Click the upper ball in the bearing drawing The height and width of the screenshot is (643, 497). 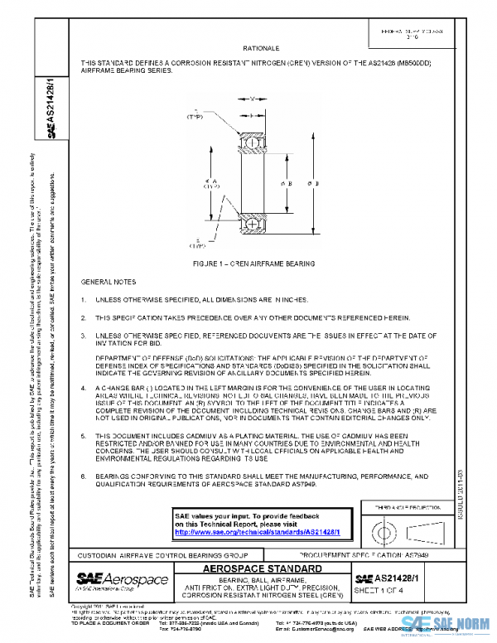pos(252,143)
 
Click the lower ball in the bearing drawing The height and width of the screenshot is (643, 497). pos(252,224)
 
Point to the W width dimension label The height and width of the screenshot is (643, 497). pos(252,99)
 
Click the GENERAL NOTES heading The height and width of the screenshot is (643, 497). pos(109,282)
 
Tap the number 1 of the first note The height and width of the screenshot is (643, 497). pos(84,298)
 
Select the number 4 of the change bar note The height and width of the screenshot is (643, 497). pos(84,388)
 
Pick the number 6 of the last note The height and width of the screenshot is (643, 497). pos(84,477)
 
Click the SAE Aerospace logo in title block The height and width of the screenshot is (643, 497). pos(122,578)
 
